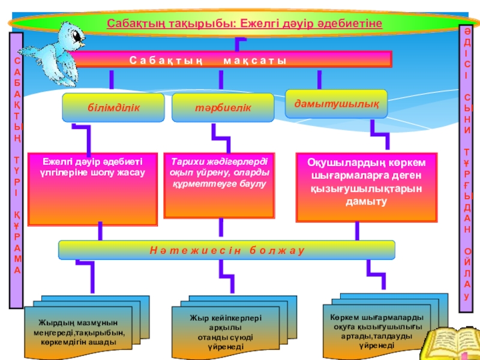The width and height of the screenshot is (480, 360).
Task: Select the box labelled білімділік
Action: coord(113,107)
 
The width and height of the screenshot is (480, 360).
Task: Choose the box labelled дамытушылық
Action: coord(336,103)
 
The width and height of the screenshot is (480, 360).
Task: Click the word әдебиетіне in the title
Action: coord(355,23)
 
